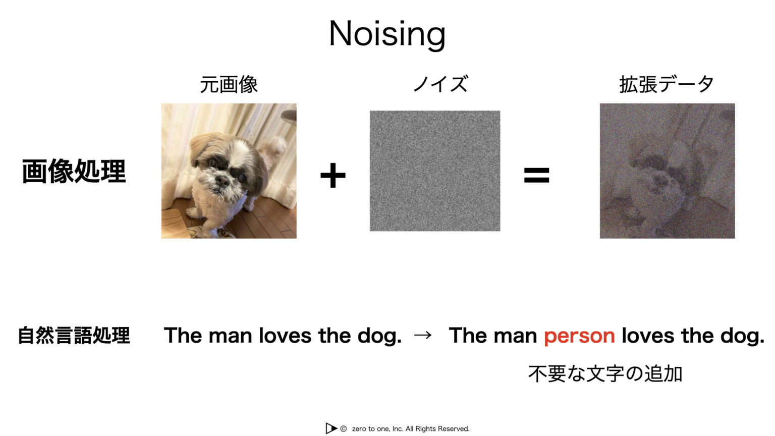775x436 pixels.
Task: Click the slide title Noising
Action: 387,34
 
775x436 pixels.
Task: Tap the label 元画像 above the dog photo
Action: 229,84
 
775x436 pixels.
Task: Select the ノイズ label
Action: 440,84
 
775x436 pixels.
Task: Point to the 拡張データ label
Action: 667,84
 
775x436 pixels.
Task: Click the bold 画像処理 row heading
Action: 74,172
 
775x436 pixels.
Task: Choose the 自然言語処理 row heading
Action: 74,336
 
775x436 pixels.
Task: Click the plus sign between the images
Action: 333,176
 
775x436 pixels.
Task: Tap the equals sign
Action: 536,176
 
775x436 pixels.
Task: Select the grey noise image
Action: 435,171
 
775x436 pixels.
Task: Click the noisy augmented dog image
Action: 667,171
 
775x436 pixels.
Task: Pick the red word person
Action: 579,336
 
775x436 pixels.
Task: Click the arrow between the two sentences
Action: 423,335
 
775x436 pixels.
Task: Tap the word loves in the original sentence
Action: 285,336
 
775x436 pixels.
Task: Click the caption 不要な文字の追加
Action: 605,374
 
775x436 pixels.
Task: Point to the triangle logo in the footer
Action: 331,428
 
